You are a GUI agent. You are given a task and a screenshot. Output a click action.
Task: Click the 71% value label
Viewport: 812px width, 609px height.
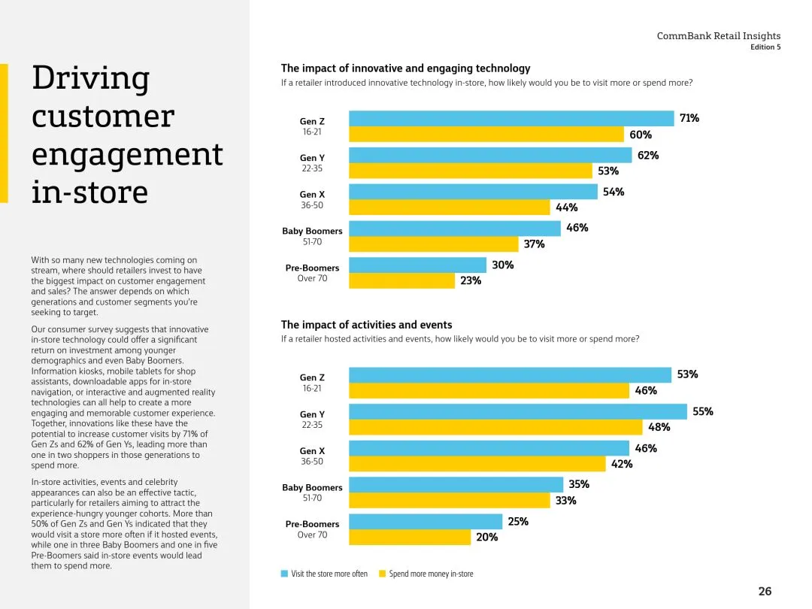(x=689, y=118)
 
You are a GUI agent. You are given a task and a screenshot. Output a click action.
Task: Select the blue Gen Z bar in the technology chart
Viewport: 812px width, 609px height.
(x=511, y=119)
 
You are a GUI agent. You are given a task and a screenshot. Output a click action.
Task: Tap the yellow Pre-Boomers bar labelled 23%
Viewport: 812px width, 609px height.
(x=402, y=281)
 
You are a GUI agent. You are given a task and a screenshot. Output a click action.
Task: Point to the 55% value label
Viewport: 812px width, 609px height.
(x=702, y=411)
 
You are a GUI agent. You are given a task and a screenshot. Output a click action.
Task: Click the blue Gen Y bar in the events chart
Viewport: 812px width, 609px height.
(x=518, y=412)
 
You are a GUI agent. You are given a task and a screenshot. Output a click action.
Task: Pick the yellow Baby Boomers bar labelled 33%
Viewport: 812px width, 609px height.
(x=450, y=501)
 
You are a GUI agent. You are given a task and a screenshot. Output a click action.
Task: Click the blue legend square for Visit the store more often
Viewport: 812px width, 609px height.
(x=284, y=574)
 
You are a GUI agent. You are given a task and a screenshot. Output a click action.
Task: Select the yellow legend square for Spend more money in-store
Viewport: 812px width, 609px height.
(x=382, y=574)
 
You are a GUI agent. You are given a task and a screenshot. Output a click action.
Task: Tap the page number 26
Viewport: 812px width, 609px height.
(x=765, y=591)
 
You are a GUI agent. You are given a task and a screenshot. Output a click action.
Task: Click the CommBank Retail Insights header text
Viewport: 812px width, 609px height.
(x=719, y=36)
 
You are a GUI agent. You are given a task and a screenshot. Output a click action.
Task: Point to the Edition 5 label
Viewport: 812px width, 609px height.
(x=765, y=47)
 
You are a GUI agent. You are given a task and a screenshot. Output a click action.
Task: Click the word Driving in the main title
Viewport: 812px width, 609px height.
(x=90, y=78)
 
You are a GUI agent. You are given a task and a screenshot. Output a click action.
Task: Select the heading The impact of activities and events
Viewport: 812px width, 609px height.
(x=366, y=325)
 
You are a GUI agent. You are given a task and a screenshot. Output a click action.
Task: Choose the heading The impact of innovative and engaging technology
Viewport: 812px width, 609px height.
(x=405, y=68)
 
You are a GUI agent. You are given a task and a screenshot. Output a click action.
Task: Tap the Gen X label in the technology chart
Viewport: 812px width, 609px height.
(x=312, y=195)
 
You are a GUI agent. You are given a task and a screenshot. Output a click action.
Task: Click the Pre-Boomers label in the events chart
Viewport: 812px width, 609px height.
(x=312, y=524)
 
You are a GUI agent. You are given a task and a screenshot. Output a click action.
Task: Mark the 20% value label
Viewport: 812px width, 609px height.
(x=486, y=538)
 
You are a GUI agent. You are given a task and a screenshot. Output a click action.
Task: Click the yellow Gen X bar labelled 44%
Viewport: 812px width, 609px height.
(x=450, y=208)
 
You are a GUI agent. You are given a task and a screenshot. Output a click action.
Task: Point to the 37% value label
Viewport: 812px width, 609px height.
(x=534, y=244)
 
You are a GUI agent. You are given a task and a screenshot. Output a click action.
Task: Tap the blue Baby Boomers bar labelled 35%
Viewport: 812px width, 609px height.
(x=456, y=485)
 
